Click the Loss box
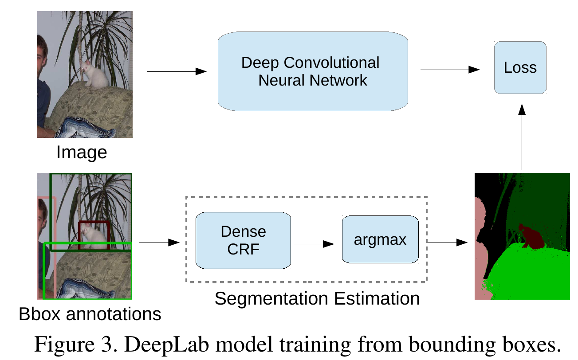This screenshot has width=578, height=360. (520, 67)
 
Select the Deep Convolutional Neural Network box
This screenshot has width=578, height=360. (313, 71)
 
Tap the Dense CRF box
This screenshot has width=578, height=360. (243, 240)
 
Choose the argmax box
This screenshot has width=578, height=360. (380, 240)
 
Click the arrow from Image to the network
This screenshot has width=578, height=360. (177, 71)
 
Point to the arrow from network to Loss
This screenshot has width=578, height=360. (450, 70)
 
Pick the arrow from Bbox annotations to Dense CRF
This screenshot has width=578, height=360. (159, 243)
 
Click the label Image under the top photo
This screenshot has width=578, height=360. (82, 152)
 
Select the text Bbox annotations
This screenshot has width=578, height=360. (90, 314)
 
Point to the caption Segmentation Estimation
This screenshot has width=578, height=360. (317, 298)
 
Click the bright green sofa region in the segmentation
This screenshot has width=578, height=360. (528, 270)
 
